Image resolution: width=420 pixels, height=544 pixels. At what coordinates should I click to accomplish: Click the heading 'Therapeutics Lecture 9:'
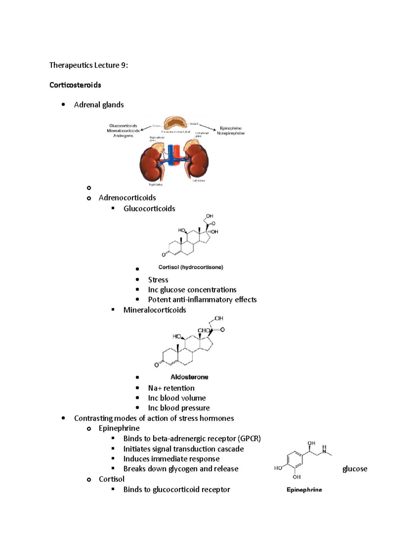tap(89, 65)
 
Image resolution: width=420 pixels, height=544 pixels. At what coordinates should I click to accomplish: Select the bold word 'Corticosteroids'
tap(75, 85)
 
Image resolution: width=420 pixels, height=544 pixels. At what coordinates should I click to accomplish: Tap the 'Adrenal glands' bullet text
tap(99, 105)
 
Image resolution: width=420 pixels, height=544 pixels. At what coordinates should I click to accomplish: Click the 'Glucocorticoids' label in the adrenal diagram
tap(123, 126)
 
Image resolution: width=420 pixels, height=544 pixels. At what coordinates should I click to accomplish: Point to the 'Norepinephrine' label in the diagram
tap(231, 133)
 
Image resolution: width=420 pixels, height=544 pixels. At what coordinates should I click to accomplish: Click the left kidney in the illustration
tap(197, 161)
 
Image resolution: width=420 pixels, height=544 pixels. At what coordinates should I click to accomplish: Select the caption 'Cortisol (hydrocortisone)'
tap(191, 267)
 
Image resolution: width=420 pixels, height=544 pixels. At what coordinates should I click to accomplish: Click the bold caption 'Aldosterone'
tap(189, 377)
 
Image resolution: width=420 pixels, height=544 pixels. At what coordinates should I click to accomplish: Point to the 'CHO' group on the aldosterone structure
tap(204, 330)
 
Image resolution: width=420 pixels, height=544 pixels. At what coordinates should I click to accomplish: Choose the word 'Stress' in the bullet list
tap(158, 280)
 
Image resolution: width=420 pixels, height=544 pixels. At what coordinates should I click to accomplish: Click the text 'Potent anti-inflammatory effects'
tap(202, 300)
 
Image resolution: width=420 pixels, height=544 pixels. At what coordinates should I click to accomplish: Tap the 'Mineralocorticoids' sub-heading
tap(155, 310)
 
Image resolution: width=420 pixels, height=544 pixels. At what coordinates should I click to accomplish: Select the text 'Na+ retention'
tap(171, 388)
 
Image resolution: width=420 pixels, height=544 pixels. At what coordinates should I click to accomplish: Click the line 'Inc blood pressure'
tap(179, 408)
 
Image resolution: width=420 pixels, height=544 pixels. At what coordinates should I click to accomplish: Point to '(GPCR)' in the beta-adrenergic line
tap(249, 439)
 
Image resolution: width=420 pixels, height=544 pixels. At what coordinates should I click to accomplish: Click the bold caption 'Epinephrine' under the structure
tap(304, 490)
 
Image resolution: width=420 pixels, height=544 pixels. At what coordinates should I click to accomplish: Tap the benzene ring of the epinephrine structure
tap(295, 460)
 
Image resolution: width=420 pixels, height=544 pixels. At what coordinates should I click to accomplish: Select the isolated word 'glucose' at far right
tap(355, 469)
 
